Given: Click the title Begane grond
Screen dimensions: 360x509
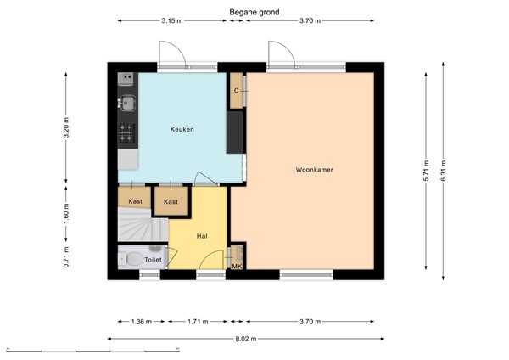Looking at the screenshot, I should (x=255, y=13).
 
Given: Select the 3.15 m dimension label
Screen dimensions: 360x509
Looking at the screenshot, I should (x=172, y=21).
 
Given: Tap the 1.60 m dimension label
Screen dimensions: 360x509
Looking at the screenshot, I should (x=67, y=216).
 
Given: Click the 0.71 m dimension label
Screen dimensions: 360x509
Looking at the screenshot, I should (x=67, y=256).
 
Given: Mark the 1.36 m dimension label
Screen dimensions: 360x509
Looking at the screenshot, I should (x=142, y=322).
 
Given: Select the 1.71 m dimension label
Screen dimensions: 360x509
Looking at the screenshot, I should (x=198, y=322).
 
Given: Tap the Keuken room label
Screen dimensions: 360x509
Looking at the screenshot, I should (x=182, y=129).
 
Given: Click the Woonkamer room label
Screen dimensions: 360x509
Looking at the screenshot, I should (x=314, y=170).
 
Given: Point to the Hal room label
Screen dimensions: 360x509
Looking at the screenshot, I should (x=202, y=237).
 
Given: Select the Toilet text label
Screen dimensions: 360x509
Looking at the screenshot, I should (x=153, y=260).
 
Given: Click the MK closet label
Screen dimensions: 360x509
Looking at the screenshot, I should (x=237, y=266).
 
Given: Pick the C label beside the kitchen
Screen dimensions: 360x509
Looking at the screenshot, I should (x=236, y=90).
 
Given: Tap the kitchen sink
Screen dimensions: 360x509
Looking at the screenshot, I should (x=126, y=104).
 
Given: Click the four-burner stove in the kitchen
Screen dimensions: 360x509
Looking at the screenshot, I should (x=126, y=132).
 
